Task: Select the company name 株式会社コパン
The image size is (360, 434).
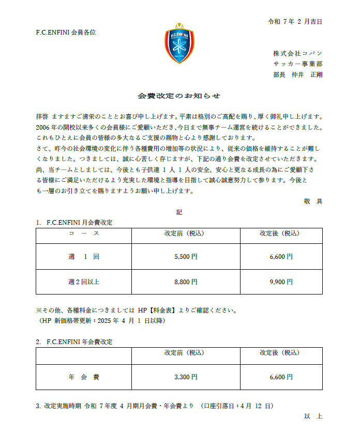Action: coord(297,53)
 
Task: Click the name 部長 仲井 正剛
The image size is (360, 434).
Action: coord(297,74)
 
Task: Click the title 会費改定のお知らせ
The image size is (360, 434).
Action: coord(179,96)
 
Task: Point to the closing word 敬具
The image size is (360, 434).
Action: coord(313,202)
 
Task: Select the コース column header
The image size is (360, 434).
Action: coord(83,234)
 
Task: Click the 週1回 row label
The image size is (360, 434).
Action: coord(83,256)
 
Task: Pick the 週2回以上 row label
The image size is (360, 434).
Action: coord(83,282)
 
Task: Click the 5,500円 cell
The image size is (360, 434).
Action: coord(186,256)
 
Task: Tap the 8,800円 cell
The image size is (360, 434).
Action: coord(186,282)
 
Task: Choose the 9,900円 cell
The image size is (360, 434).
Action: coord(281,282)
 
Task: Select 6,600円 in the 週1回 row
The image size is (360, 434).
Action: coord(281,256)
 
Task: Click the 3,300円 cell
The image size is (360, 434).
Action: coord(186,377)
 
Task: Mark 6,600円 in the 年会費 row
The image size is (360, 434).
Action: coord(281,377)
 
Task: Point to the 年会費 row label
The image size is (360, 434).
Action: coord(83,377)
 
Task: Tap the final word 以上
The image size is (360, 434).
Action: coord(313,416)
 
